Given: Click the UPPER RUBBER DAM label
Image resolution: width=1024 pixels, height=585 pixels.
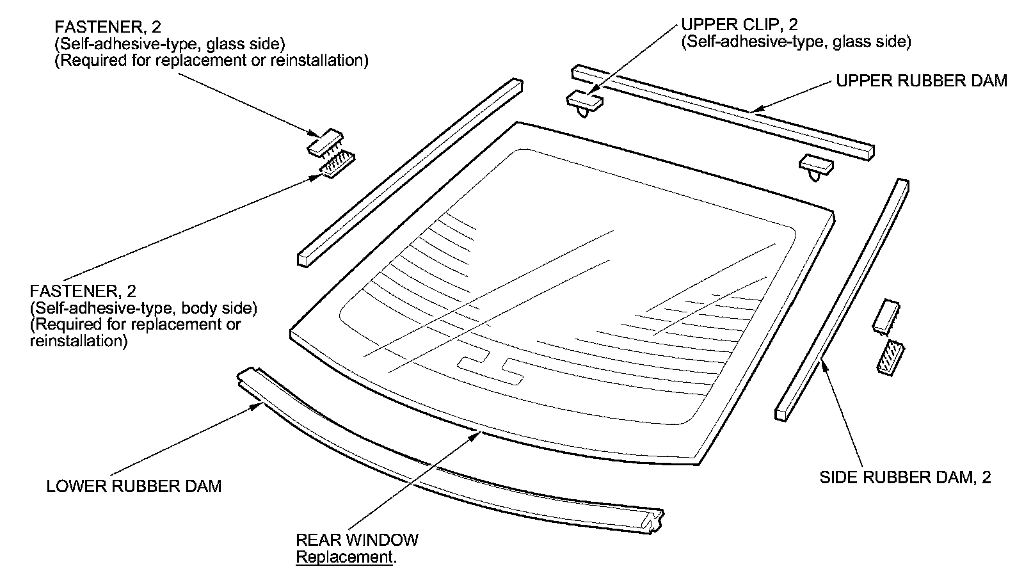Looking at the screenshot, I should (x=922, y=81).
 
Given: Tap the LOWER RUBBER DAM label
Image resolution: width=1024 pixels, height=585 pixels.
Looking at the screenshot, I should (x=134, y=486).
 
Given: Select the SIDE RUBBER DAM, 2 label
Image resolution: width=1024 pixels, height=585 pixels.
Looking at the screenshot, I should (x=905, y=478).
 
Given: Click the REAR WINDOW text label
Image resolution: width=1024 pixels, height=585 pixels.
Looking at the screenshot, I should (x=357, y=540).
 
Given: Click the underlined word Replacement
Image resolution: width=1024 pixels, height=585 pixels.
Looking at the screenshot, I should (x=344, y=557).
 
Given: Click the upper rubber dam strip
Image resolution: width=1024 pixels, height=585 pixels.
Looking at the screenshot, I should (x=723, y=111).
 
